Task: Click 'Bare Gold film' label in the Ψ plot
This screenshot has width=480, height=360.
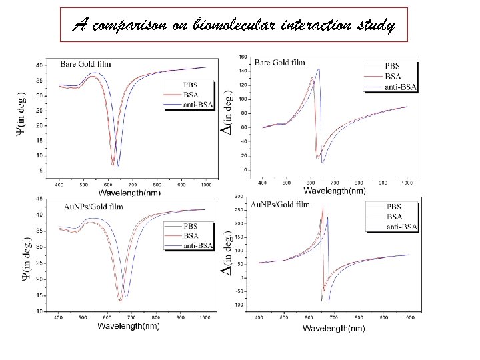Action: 87,65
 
